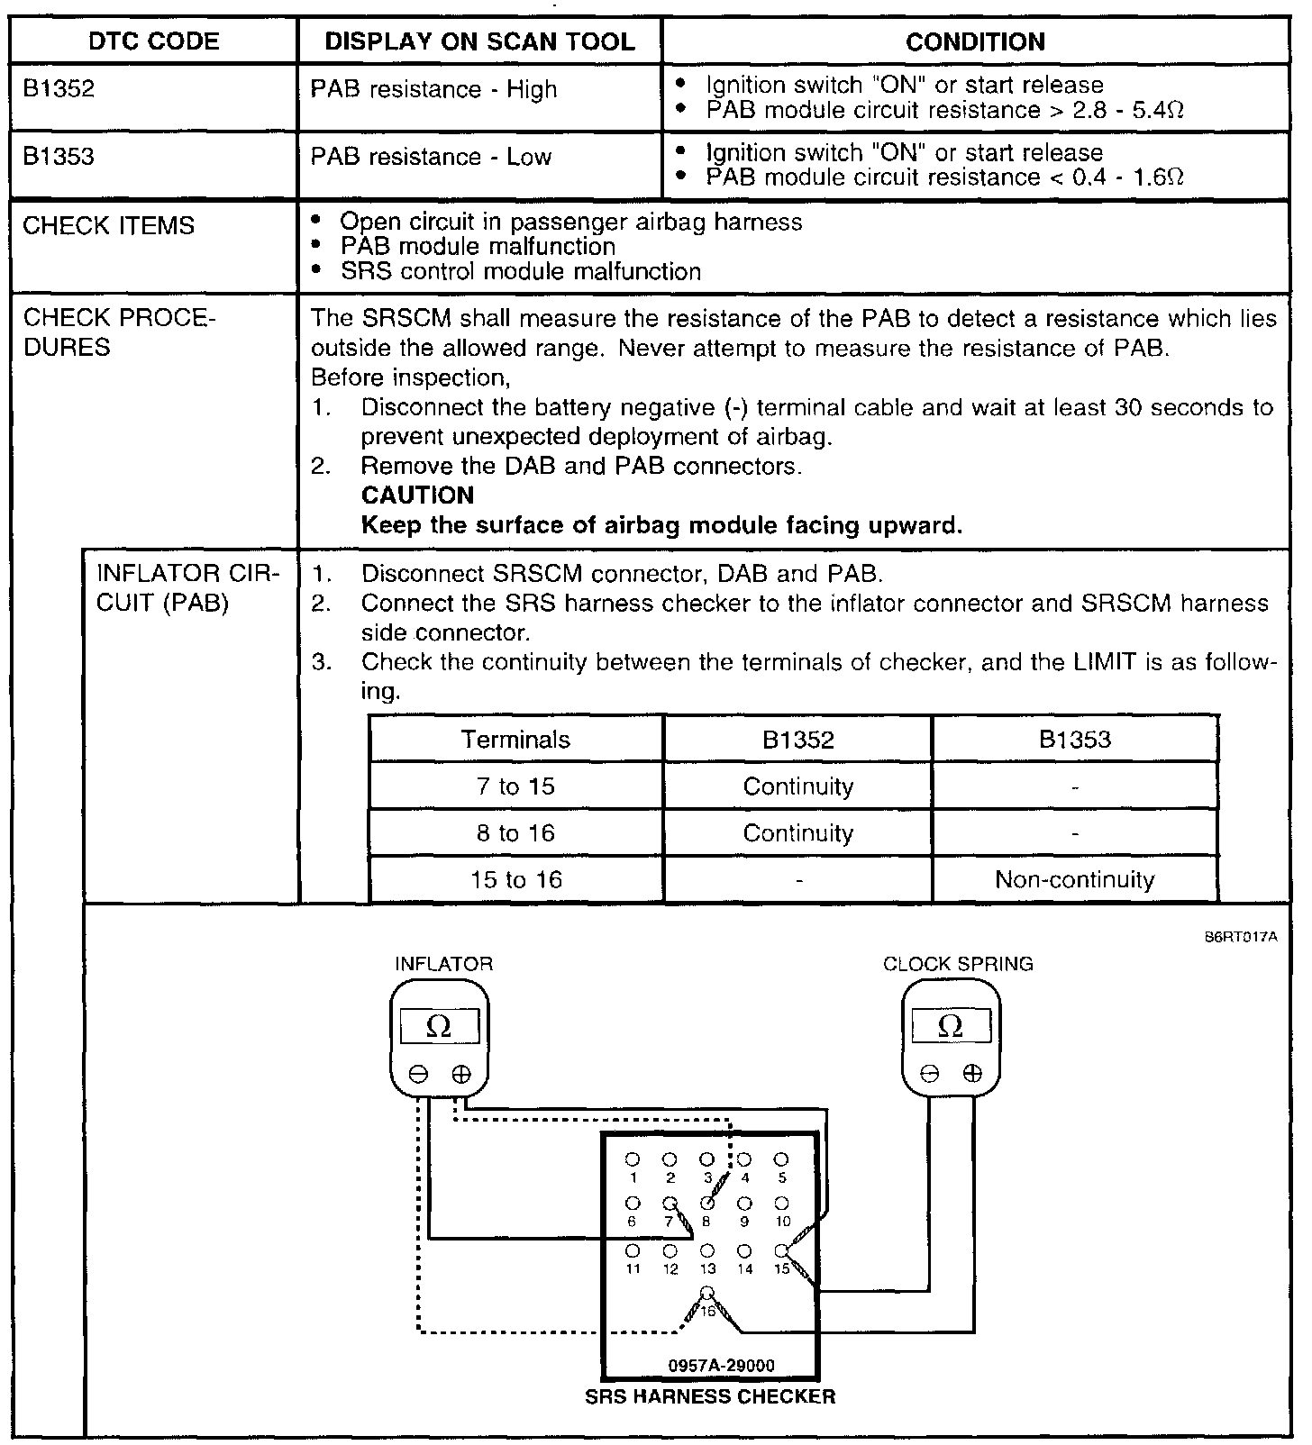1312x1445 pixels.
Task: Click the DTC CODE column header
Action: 154,41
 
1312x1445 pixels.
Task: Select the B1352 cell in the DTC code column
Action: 59,89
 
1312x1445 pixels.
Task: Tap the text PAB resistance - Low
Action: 431,157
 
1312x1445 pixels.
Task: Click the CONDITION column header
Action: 975,41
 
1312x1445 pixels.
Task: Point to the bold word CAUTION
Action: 417,495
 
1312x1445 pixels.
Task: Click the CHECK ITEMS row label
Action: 108,225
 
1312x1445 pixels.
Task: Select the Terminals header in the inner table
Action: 515,740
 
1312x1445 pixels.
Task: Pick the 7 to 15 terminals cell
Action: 515,786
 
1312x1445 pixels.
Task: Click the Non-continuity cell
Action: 1074,879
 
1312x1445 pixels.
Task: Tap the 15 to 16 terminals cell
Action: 515,879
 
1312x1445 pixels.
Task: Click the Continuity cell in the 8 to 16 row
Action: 797,833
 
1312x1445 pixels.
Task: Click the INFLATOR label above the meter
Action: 443,964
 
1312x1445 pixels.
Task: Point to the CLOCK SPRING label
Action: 958,964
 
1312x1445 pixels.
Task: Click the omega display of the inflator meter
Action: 439,1027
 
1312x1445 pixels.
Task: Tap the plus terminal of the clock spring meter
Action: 971,1073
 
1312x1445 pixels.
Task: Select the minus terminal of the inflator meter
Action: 418,1074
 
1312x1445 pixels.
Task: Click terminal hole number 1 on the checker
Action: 633,1159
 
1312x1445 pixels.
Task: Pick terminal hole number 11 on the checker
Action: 633,1250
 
